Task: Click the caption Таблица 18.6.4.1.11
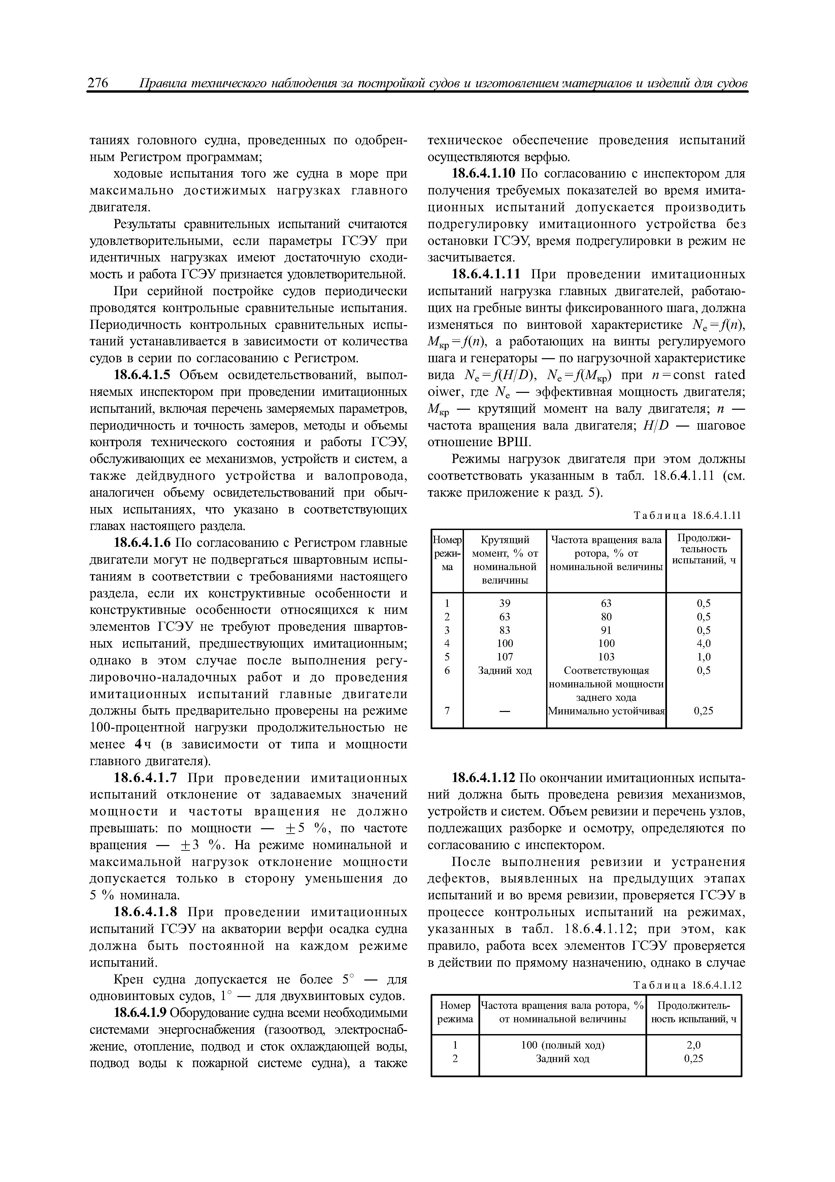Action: tap(687, 515)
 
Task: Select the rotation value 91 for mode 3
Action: tap(606, 630)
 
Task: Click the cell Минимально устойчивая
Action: tap(606, 711)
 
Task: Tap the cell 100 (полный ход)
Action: tap(562, 1045)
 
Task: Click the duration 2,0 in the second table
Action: tap(694, 1045)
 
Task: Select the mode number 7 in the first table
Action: tap(447, 711)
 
